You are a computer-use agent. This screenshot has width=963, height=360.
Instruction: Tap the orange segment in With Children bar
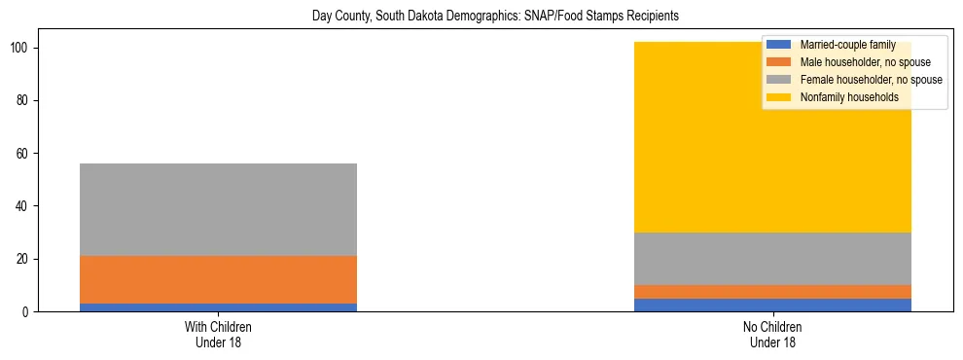click(x=218, y=280)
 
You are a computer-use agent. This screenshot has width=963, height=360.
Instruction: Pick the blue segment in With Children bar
click(x=218, y=307)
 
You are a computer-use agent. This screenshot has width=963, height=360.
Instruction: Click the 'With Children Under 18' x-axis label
click(x=218, y=334)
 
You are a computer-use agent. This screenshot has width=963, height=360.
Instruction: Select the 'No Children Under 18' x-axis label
click(x=772, y=334)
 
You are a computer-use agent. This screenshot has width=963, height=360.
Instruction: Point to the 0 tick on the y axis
click(x=29, y=312)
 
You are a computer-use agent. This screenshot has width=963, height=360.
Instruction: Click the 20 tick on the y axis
click(x=26, y=260)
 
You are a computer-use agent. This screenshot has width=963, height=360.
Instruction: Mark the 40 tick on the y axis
click(x=26, y=206)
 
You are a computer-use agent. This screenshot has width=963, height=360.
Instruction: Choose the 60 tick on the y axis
click(x=26, y=154)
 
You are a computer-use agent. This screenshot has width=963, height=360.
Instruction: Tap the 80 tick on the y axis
click(x=26, y=101)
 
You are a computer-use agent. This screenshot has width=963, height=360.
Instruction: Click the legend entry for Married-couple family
click(x=847, y=45)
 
